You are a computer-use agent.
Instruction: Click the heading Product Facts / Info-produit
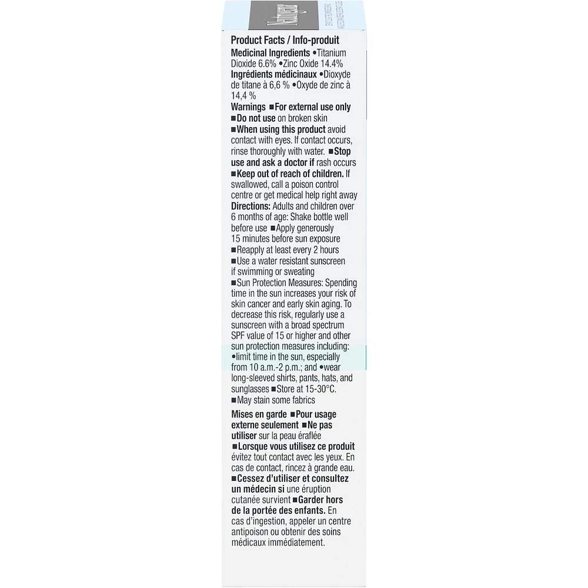[285, 41]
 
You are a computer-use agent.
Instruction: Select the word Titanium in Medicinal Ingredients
[350, 52]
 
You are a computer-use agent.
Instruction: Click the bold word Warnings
[249, 107]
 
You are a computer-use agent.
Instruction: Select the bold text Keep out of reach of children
[290, 173]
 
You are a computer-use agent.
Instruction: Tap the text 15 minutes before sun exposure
[286, 239]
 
